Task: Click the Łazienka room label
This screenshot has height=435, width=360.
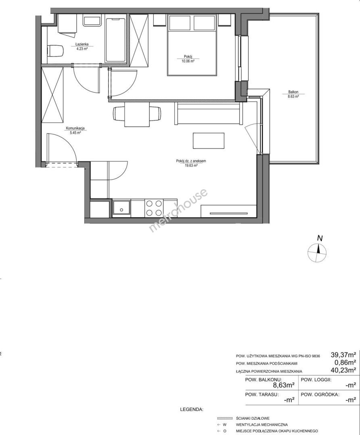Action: click(x=82, y=44)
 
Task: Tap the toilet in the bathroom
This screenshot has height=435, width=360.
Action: click(x=55, y=51)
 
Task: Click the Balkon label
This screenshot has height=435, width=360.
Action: click(x=293, y=92)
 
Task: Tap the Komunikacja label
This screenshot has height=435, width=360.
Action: click(x=75, y=128)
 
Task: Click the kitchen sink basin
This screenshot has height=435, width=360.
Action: click(x=121, y=208)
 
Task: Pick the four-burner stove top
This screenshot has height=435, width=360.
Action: click(x=154, y=208)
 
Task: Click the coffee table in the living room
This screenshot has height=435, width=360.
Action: click(x=208, y=141)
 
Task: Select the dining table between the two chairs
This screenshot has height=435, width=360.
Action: click(x=137, y=114)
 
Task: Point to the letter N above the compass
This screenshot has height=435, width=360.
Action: click(x=320, y=238)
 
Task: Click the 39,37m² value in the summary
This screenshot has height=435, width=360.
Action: click(x=343, y=354)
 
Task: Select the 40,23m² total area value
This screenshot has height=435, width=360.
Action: click(x=343, y=369)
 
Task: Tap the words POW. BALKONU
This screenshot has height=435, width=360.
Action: click(x=263, y=380)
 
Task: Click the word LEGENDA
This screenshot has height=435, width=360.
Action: click(x=192, y=409)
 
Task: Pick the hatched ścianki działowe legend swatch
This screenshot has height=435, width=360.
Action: click(x=225, y=418)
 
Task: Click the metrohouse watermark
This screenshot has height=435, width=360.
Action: click(x=178, y=210)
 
